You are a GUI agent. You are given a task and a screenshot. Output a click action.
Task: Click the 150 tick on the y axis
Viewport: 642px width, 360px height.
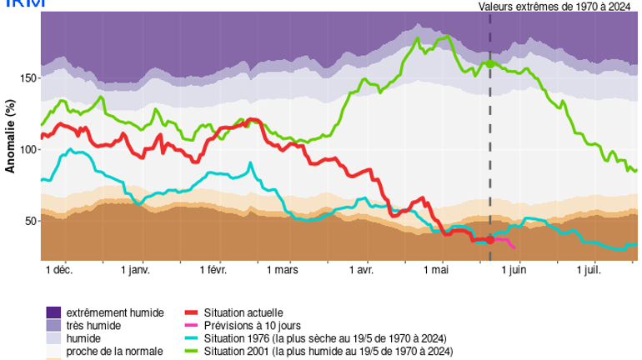29,77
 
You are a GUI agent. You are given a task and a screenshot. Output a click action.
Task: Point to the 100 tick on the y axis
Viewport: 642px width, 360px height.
29,149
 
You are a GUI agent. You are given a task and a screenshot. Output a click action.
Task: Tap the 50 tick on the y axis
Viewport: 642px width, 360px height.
32,221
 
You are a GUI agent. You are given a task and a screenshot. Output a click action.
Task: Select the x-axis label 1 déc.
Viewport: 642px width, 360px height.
58,271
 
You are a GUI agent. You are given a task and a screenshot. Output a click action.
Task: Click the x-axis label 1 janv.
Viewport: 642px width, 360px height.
135,271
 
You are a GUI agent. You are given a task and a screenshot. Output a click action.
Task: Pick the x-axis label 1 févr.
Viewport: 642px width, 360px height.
213,271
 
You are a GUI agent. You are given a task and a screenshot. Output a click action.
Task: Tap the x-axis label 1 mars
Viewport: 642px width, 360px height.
283,271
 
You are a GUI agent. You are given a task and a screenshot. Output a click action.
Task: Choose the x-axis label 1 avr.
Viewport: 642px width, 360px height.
360,271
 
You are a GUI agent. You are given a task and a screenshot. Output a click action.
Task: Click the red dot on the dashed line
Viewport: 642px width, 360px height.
490,240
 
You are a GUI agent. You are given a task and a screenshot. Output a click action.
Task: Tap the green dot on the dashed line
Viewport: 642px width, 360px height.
490,63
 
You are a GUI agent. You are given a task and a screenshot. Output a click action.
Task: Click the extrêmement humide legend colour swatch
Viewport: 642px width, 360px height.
54,312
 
